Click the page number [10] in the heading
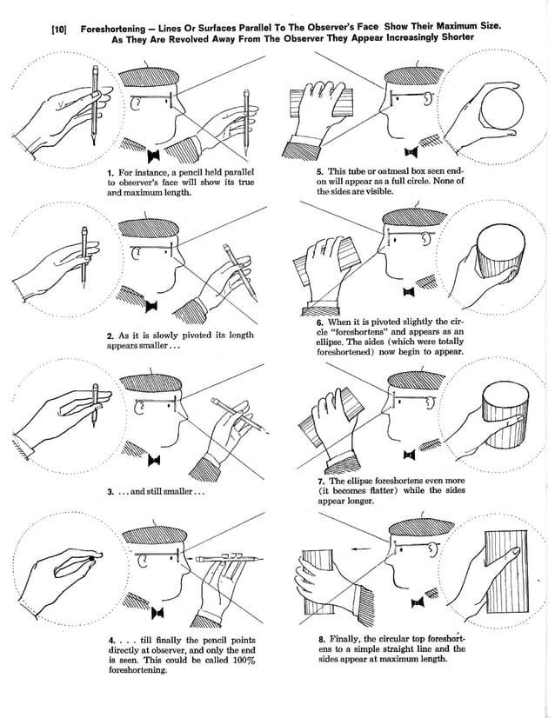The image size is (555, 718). [59, 30]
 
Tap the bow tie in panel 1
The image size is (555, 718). [156, 156]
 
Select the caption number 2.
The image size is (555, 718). [110, 336]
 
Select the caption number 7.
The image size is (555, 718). [322, 482]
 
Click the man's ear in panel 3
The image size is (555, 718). [139, 407]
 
